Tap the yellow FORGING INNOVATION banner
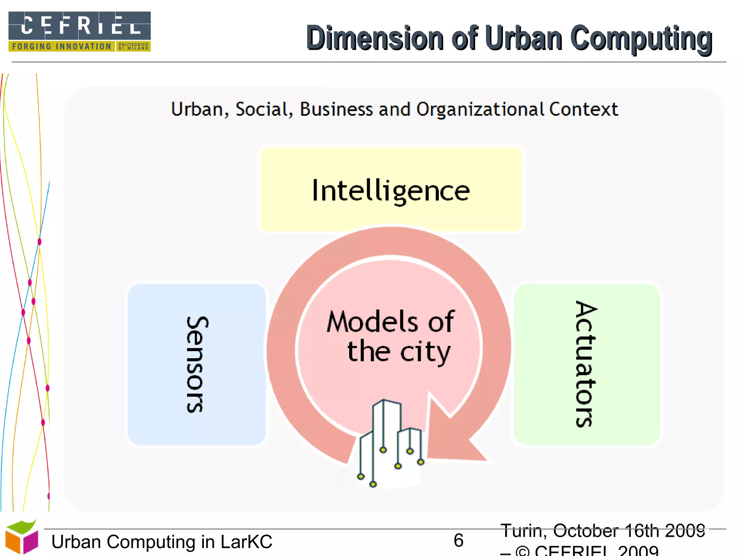tap(62, 46)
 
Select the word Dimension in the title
tap(375, 38)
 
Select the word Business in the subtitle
tap(336, 109)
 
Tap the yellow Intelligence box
tap(391, 190)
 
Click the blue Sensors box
tap(197, 364)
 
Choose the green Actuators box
tap(586, 364)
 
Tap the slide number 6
tap(458, 540)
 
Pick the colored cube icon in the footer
tap(22, 537)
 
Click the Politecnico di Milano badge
tap(133, 46)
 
